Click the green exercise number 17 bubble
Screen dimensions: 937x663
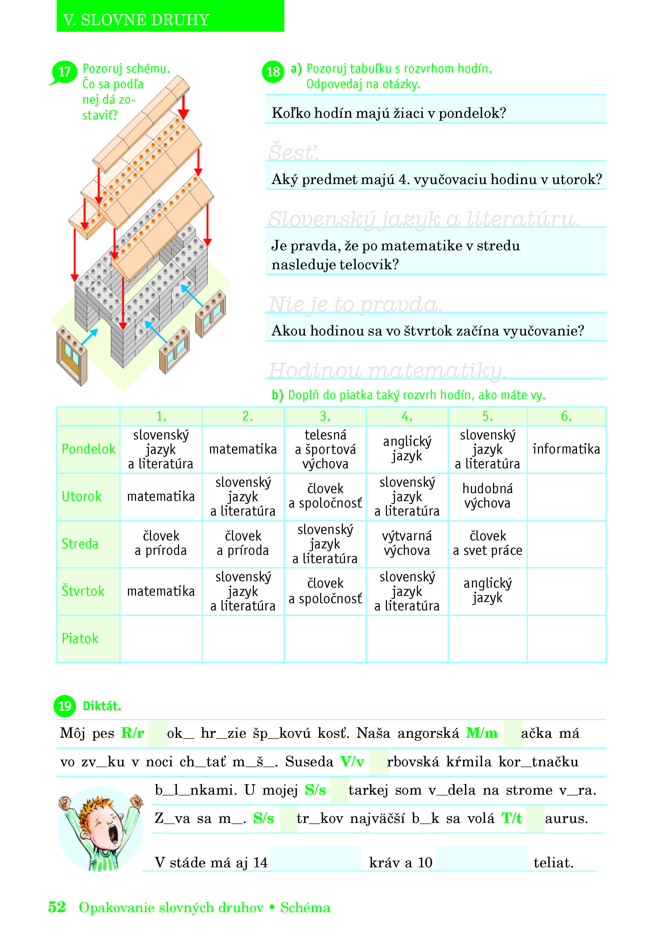pos(64,72)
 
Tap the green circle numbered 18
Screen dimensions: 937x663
pos(273,72)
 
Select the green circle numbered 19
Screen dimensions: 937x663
pos(64,706)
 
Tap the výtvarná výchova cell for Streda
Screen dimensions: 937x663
pos(407,543)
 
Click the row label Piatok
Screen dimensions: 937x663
pos(80,638)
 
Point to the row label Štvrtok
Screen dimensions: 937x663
pos(83,591)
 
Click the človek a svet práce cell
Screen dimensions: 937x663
pos(487,543)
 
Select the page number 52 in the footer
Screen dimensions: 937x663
pos(57,907)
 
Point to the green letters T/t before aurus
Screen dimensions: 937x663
pos(511,818)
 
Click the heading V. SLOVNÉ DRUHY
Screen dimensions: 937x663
pos(136,19)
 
